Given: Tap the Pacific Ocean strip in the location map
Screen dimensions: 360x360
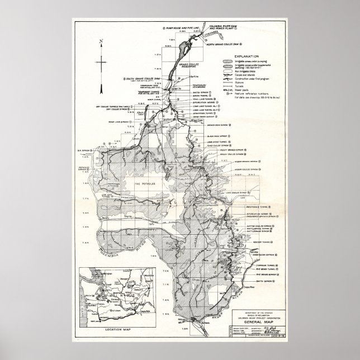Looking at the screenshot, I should tap(84, 296).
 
